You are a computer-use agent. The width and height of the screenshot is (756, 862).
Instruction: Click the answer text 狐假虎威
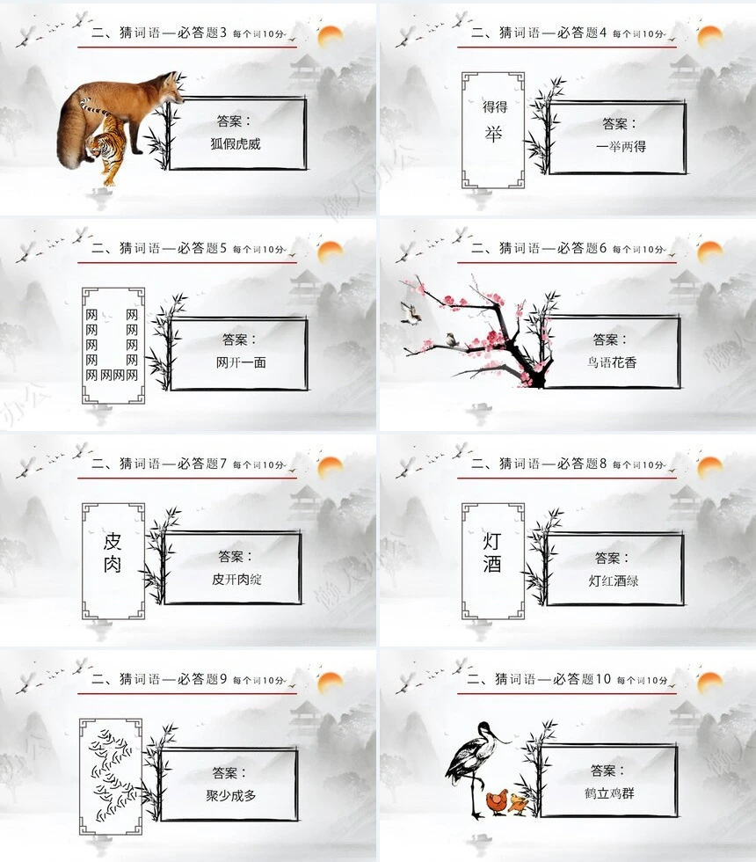[x=236, y=143]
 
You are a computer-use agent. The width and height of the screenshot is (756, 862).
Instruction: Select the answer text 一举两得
[x=621, y=146]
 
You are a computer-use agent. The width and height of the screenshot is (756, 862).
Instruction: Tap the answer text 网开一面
[x=240, y=362]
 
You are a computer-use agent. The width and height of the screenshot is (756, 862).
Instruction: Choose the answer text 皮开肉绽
[x=236, y=579]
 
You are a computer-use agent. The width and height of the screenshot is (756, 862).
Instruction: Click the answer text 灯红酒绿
[x=614, y=580]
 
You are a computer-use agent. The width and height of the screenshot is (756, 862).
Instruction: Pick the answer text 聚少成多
[x=230, y=796]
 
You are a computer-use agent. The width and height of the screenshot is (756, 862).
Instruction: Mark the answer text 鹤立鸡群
[x=609, y=793]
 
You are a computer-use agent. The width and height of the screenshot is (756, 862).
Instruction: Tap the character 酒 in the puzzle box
[x=492, y=565]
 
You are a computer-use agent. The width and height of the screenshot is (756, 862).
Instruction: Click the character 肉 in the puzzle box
[x=113, y=565]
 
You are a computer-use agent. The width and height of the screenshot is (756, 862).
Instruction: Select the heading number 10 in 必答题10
[x=602, y=679]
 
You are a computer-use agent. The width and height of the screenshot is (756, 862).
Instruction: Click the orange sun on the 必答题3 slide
[x=330, y=36]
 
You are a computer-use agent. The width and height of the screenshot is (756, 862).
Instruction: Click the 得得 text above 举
[x=494, y=107]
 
